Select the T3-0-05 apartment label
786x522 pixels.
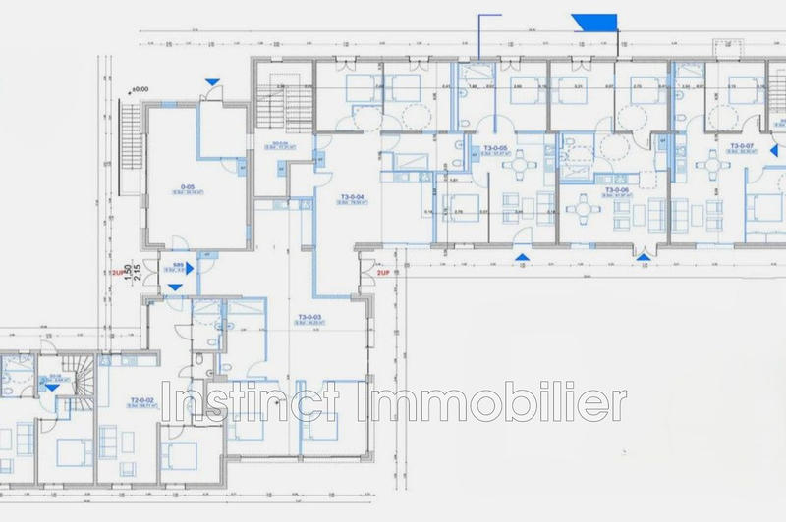tap(495, 148)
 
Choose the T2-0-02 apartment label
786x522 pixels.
tap(144, 401)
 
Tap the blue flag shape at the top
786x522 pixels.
tap(593, 22)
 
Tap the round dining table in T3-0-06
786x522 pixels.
tap(587, 206)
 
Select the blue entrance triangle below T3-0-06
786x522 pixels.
tap(643, 258)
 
